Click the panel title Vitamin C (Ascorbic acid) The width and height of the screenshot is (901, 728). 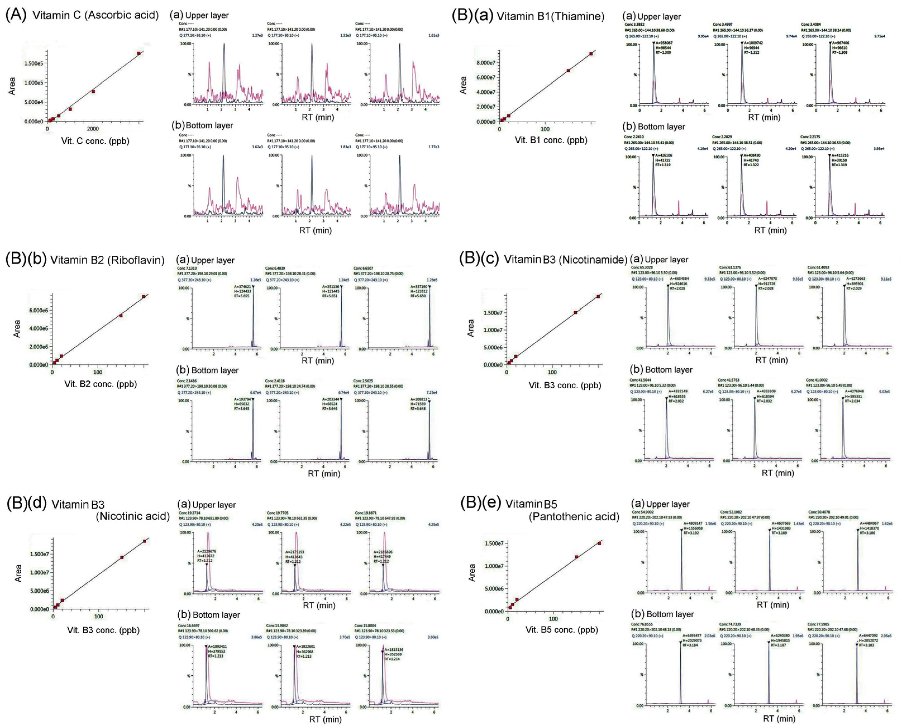point(96,16)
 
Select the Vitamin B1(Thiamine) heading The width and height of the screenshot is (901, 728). point(550,16)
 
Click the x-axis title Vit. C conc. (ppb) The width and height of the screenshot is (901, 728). point(95,141)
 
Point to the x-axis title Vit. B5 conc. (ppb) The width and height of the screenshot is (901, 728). point(561,629)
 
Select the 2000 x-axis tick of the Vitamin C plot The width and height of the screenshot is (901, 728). point(93,128)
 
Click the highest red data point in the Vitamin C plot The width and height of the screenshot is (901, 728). point(139,53)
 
